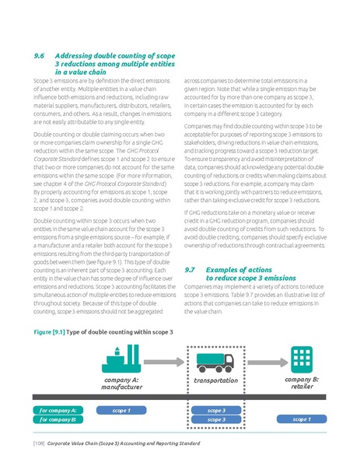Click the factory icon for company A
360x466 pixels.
click(x=121, y=357)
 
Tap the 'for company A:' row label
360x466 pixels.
click(x=54, y=409)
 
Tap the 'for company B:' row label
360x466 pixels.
click(x=54, y=419)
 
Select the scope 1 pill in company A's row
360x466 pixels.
click(x=121, y=409)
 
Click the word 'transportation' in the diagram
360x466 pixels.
click(x=215, y=381)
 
